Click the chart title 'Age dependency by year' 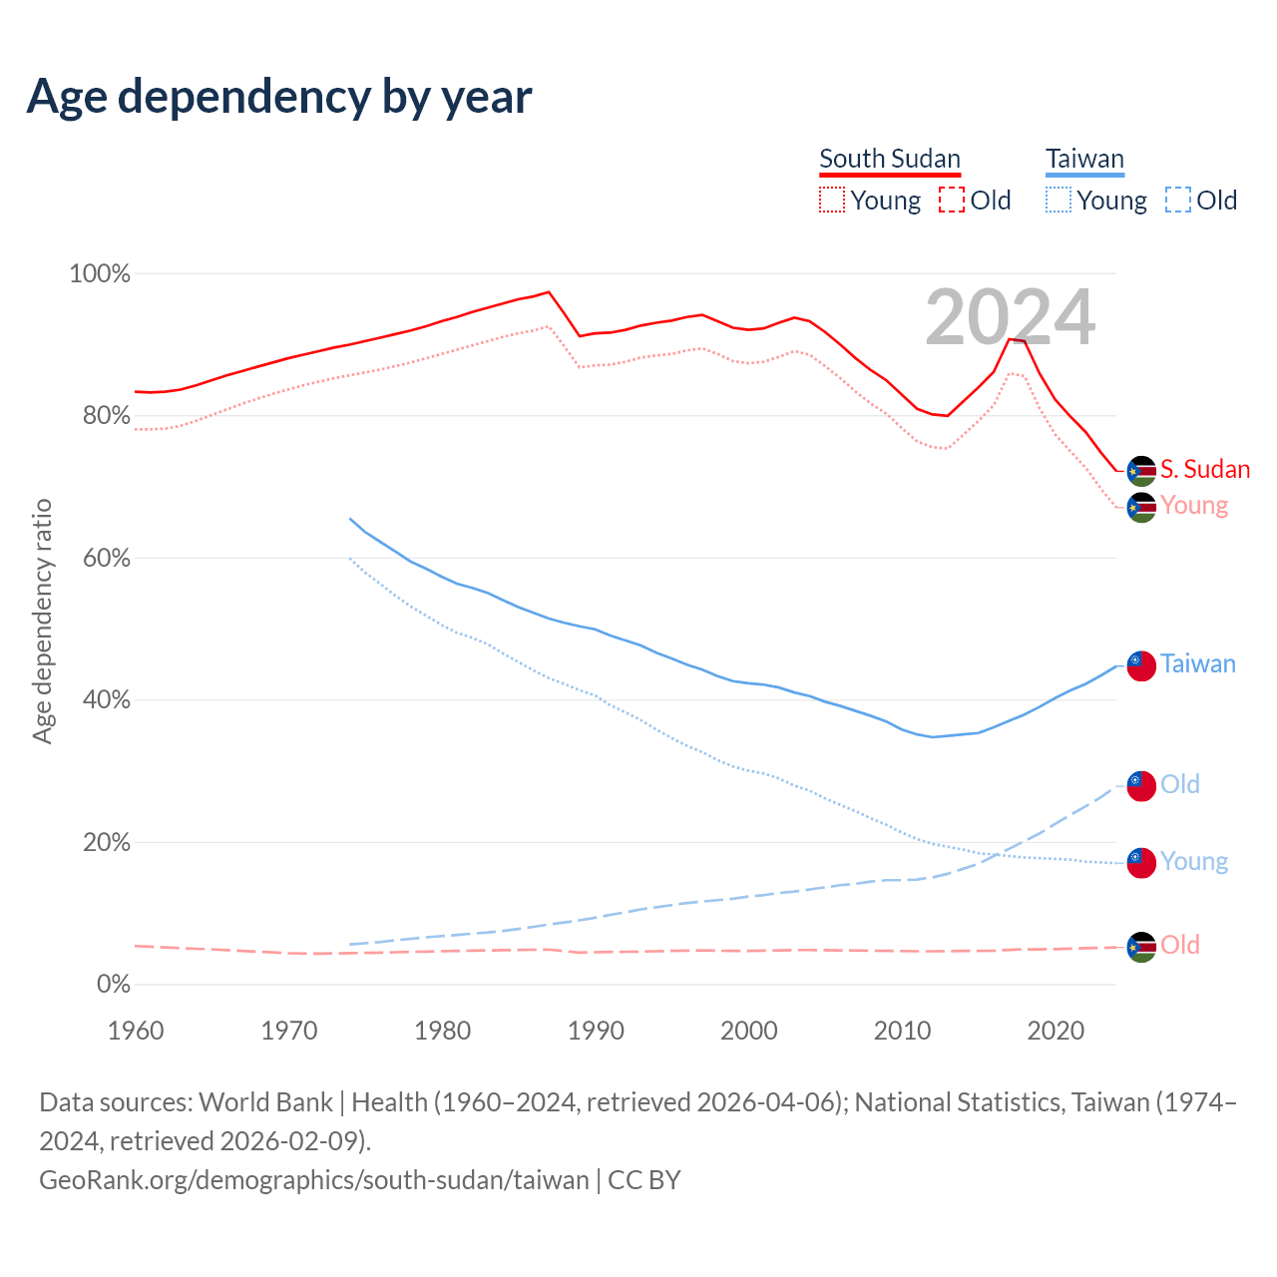(279, 96)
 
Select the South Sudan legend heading (889, 159)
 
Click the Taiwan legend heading (1084, 159)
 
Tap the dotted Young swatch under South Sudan (831, 200)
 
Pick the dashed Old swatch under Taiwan (1177, 200)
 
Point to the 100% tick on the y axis (100, 273)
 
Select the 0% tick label (113, 984)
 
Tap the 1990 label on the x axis (596, 1030)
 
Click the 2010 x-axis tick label (902, 1030)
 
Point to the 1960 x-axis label (136, 1030)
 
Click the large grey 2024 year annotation (1010, 317)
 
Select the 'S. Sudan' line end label (1205, 469)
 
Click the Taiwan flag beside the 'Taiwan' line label (1141, 664)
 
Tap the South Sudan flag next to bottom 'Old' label (1141, 947)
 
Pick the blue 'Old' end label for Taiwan (1180, 784)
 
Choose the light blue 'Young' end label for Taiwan (1194, 861)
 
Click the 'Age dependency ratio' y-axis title (42, 621)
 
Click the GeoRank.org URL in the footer (314, 1179)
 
